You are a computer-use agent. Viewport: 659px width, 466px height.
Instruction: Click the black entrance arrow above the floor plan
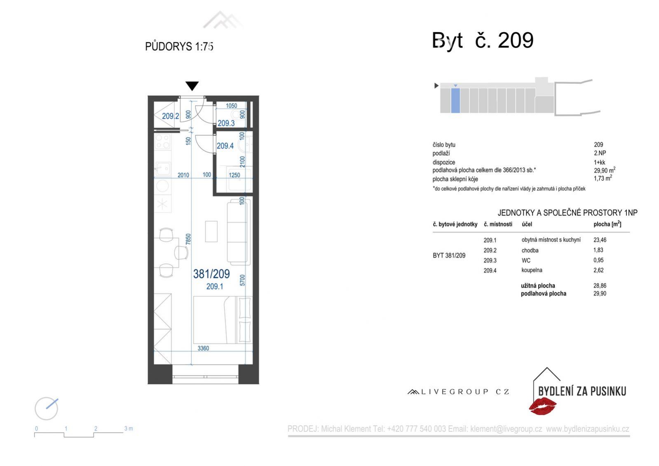192,86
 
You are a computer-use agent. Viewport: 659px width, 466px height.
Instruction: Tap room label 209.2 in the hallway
170,116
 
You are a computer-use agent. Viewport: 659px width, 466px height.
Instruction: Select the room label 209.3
226,123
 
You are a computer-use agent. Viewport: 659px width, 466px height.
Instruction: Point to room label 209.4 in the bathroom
225,146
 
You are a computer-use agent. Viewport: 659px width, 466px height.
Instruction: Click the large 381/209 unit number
211,274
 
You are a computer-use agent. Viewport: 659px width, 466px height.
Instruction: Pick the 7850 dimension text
188,239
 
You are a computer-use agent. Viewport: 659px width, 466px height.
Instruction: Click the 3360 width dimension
203,348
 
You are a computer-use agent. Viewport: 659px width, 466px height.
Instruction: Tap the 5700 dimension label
242,280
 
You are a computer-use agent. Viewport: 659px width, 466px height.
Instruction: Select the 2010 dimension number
183,175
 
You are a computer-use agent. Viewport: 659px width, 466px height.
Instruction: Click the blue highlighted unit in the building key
455,100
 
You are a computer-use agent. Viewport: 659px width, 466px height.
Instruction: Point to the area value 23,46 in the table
600,240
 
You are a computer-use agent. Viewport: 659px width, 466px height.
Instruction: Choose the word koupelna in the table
532,270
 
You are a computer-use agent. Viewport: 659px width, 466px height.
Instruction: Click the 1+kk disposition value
599,162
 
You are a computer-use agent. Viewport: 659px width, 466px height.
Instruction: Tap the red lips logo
542,406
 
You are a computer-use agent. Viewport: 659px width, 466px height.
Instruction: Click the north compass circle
46,409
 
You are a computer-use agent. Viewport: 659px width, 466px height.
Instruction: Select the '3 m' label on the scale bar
129,428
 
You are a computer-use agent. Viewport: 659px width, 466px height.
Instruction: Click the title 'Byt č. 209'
483,40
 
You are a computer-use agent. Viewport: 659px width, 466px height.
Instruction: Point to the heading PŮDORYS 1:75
179,47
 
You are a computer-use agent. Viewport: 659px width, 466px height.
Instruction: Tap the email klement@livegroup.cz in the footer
506,429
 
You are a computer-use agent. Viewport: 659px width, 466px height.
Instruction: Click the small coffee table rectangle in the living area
211,232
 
